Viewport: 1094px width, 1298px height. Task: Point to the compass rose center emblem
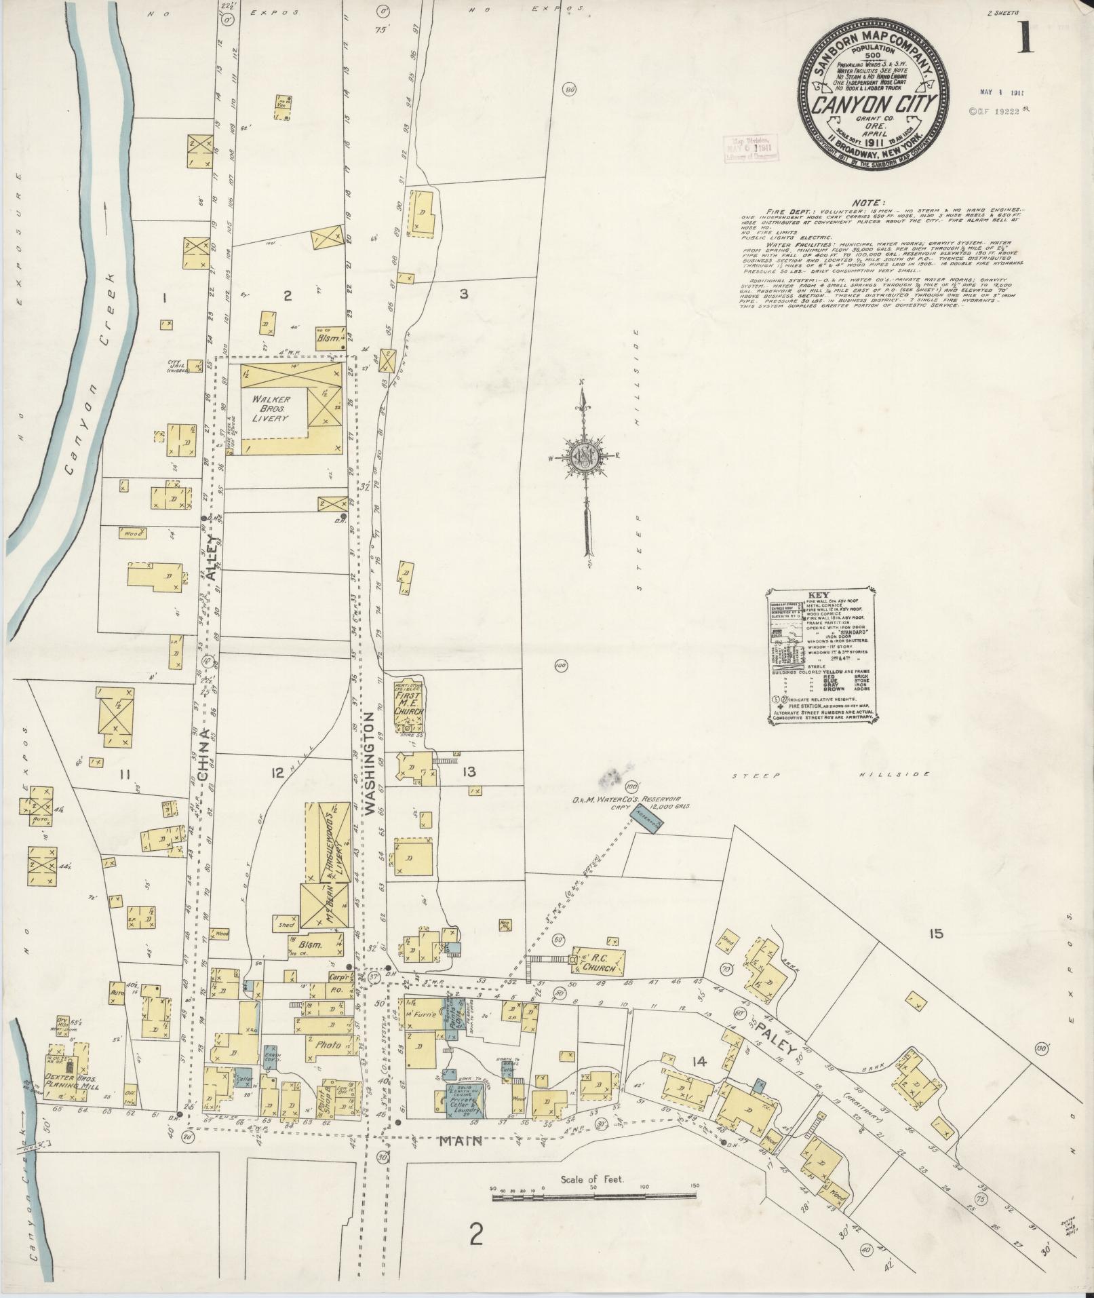(x=582, y=456)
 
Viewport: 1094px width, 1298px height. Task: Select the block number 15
(x=936, y=934)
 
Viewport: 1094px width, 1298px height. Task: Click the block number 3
(x=463, y=294)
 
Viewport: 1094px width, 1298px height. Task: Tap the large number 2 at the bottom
(x=476, y=1236)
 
